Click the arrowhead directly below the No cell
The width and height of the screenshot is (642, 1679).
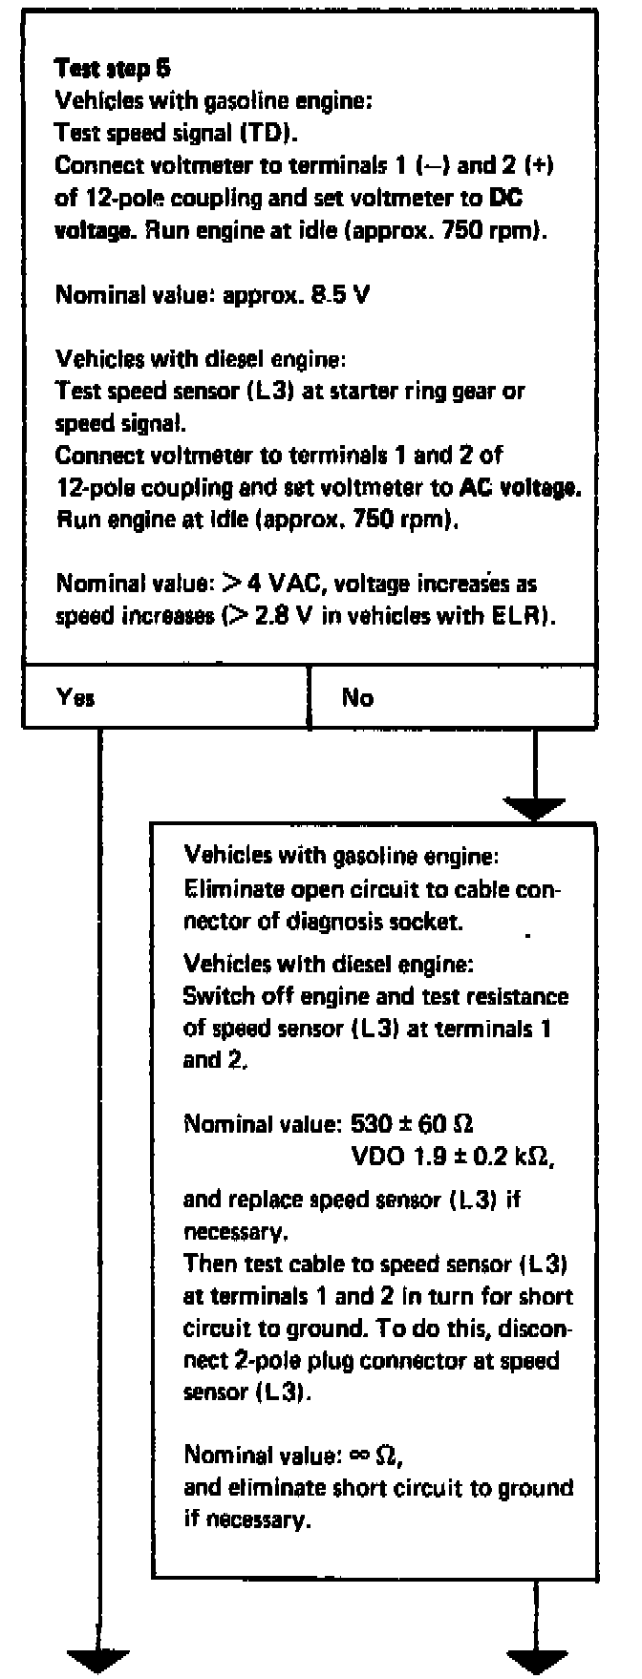point(536,810)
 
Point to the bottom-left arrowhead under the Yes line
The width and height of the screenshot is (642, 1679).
point(98,1660)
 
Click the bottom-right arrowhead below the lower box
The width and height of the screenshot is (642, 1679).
point(536,1660)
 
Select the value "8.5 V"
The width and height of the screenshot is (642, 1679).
point(342,294)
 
